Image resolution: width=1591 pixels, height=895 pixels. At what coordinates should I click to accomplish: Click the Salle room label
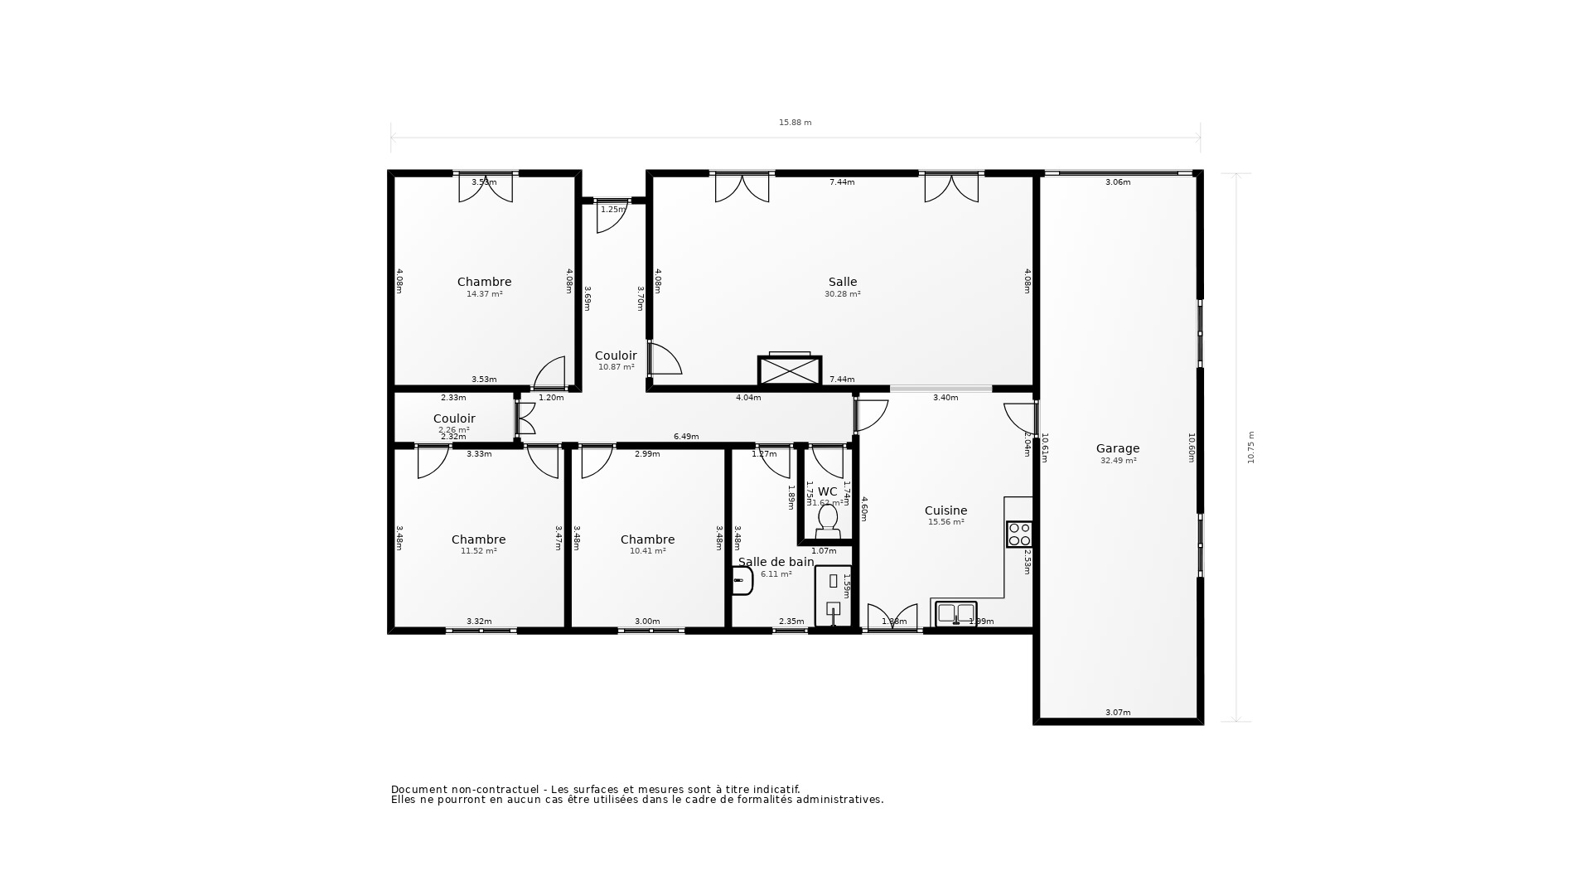(x=842, y=282)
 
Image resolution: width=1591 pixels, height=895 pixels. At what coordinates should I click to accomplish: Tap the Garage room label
(x=1118, y=448)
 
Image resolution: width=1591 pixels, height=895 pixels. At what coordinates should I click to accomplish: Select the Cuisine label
(x=945, y=510)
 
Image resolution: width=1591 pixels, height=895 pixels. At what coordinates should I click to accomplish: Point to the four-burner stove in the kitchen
(x=1019, y=535)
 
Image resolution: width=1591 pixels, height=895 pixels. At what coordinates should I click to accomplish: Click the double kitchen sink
(x=955, y=613)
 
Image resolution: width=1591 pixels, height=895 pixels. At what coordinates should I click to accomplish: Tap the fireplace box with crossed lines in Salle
(x=789, y=370)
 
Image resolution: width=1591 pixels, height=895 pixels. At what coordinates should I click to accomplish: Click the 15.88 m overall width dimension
(x=795, y=123)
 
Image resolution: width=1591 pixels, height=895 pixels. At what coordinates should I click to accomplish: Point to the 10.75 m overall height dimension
(x=1250, y=447)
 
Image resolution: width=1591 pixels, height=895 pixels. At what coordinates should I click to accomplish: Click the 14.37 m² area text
(x=484, y=294)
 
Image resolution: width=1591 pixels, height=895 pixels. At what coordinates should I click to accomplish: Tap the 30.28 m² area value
(x=842, y=294)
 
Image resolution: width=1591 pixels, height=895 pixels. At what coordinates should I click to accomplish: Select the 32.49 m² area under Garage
(x=1118, y=461)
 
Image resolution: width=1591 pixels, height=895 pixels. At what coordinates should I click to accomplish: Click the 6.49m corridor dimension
(x=686, y=437)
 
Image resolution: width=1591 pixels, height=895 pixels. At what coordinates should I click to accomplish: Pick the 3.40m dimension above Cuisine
(x=945, y=398)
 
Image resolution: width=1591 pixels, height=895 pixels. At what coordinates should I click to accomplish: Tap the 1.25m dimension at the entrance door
(x=612, y=210)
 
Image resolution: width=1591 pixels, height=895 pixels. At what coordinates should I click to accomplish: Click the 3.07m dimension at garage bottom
(x=1118, y=713)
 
